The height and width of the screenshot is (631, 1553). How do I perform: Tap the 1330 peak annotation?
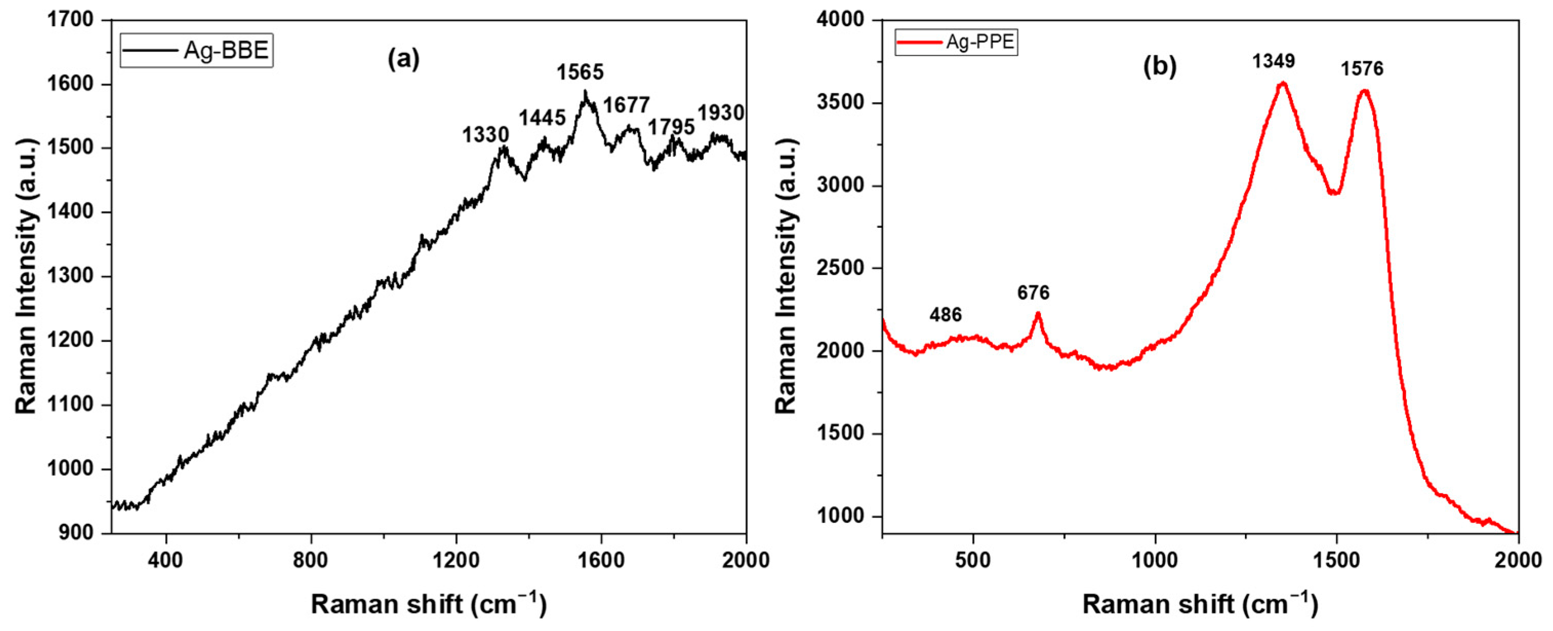(485, 134)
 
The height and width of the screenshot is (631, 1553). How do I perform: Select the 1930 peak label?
(721, 113)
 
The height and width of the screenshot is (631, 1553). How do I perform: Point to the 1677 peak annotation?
(626, 106)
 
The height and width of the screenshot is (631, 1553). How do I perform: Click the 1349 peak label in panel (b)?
(1273, 61)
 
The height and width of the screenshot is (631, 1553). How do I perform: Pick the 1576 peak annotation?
(1362, 69)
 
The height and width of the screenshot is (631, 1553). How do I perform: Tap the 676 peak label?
(1033, 293)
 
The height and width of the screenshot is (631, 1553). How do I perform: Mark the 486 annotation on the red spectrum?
(945, 315)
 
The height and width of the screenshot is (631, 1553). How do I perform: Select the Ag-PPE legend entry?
(956, 42)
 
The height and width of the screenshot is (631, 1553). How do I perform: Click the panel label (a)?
(403, 59)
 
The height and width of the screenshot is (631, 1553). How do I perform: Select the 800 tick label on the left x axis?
(311, 560)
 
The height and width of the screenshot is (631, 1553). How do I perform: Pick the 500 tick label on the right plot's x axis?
(972, 560)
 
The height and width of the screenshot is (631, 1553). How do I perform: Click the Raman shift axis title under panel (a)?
(428, 604)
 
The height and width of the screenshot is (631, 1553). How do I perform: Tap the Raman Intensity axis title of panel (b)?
(786, 275)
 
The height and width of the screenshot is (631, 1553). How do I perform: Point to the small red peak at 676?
(1037, 313)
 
